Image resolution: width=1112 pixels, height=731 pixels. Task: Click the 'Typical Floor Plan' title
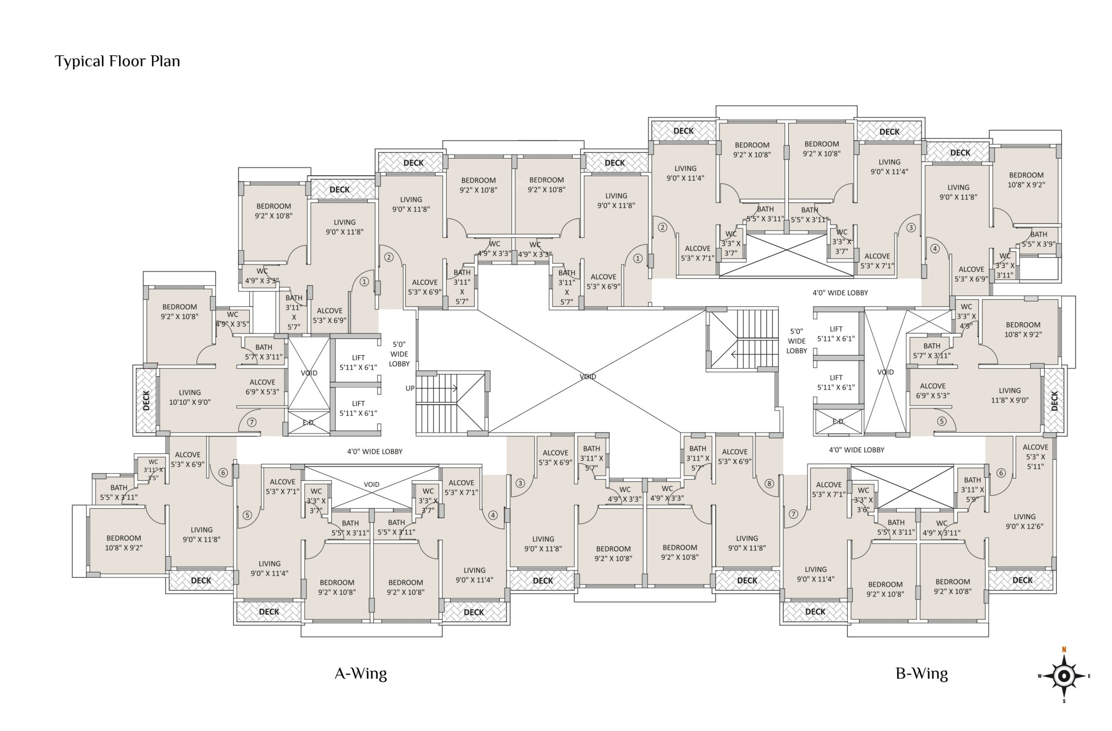[x=117, y=61]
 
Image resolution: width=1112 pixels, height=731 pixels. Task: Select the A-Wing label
[x=361, y=674]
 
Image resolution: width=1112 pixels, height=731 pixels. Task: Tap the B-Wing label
[x=921, y=674]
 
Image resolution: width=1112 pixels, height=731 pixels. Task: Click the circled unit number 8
[x=769, y=483]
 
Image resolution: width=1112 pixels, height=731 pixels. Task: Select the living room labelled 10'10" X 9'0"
[x=190, y=397]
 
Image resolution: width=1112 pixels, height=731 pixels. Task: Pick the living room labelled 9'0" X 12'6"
[x=1024, y=521]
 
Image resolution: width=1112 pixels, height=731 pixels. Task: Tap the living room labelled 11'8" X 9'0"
[x=1009, y=395]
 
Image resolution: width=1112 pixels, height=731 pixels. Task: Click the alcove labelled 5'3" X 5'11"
[x=1035, y=457]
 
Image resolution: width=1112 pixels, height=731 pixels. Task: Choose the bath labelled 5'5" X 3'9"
[x=1038, y=239]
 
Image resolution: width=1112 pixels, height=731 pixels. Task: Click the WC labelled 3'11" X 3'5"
[x=153, y=470]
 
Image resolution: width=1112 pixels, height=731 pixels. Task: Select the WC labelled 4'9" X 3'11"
[x=941, y=528]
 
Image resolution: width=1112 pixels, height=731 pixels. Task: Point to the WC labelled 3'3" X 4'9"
[x=966, y=316]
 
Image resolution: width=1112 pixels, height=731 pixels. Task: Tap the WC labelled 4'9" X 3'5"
[x=232, y=319]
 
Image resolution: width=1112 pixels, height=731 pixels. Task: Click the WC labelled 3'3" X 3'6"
[x=863, y=500]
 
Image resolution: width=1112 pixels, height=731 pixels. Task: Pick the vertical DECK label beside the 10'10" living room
[x=146, y=400]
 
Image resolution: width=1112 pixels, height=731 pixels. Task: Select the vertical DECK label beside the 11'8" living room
[x=1054, y=401]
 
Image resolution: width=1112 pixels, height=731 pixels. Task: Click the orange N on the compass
[x=1064, y=649]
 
